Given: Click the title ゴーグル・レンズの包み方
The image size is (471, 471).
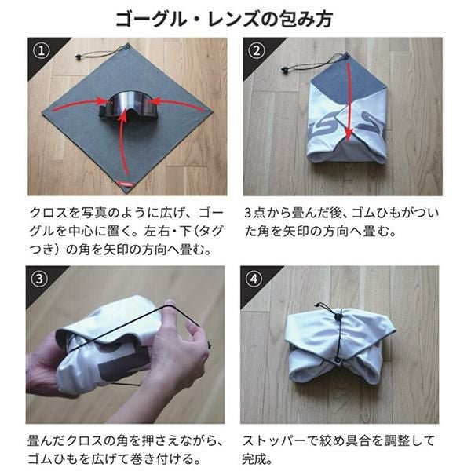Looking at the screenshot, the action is (224, 20).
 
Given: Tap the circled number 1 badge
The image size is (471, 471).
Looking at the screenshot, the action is (41, 51).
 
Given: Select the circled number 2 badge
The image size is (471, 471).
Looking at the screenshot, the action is (256, 51).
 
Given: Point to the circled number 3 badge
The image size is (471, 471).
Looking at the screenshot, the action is (39, 279).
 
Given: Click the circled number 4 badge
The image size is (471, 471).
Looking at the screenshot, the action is (254, 279).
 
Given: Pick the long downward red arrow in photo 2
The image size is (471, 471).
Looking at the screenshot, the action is (349, 101).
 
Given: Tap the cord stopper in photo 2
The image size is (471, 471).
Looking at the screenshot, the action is (284, 70).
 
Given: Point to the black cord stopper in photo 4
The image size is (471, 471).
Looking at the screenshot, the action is (338, 316).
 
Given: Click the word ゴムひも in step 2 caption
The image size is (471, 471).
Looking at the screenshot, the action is (376, 213).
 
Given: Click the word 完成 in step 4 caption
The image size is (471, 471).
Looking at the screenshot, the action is (254, 459).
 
